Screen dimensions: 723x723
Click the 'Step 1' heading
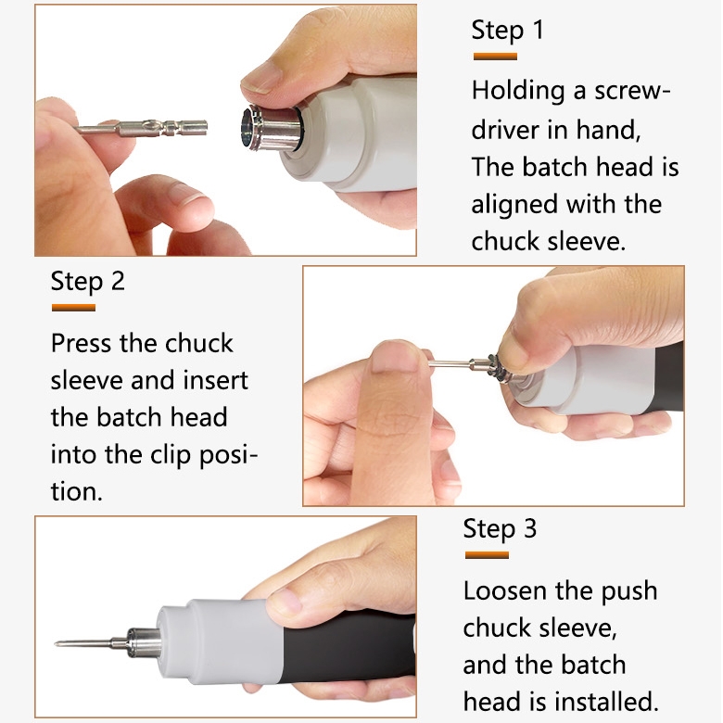click(507, 31)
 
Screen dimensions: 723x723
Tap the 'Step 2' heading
click(88, 281)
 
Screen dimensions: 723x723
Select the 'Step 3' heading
click(500, 528)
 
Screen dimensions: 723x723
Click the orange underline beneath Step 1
click(495, 57)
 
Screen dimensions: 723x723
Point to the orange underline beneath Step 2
click(73, 308)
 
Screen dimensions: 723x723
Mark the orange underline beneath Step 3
click(487, 554)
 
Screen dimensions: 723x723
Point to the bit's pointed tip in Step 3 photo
click(56, 643)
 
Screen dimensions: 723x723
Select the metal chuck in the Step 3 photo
click(143, 641)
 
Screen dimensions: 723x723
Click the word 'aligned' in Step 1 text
click(514, 205)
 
